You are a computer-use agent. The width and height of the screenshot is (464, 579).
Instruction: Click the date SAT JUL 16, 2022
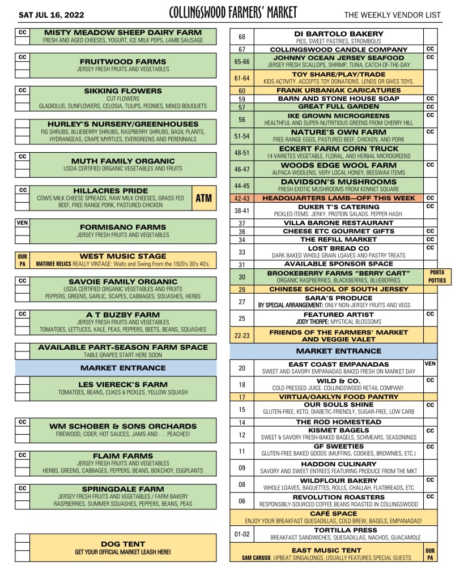[x=44, y=13]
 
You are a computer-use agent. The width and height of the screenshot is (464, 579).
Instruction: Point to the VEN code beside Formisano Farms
[x=22, y=223]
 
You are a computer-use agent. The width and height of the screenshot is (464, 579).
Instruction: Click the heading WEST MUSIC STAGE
[x=122, y=256]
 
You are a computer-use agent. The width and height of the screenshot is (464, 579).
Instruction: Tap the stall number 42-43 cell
[x=241, y=198]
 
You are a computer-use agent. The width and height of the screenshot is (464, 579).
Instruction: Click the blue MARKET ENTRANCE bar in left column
[x=122, y=367]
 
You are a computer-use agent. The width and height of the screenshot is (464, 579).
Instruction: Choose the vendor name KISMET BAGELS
[x=339, y=430]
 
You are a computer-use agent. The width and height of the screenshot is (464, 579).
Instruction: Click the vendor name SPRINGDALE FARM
[x=122, y=488]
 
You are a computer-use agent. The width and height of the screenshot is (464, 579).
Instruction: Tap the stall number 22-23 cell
[x=241, y=336]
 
